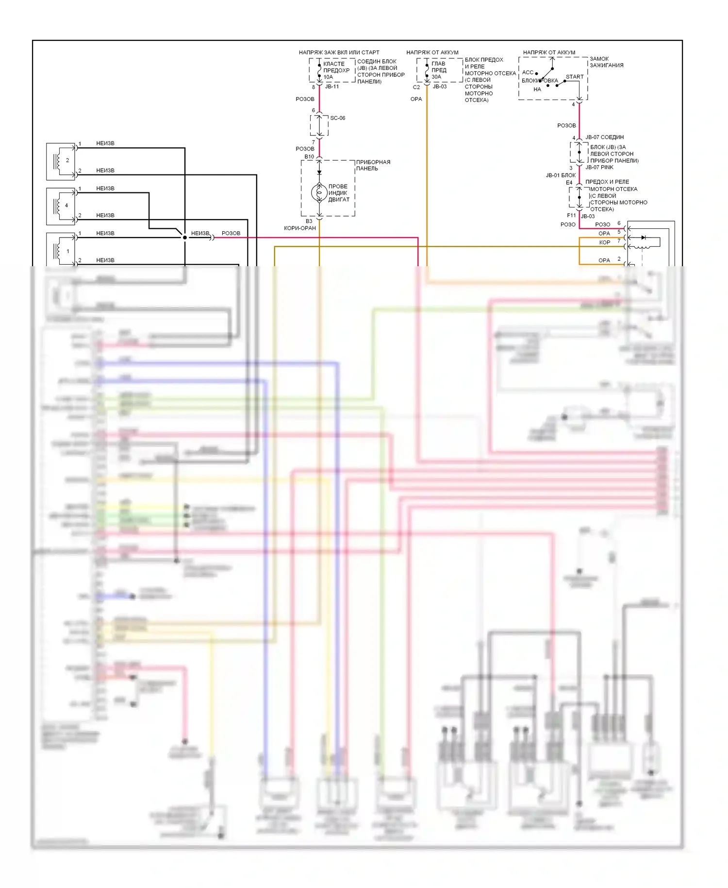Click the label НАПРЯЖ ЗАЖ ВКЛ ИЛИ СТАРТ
pyautogui.click(x=339, y=52)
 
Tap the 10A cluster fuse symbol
pyautogui.click(x=319, y=71)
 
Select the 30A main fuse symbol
pyautogui.click(x=427, y=70)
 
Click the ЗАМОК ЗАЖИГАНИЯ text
pyautogui.click(x=606, y=62)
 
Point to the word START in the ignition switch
pyautogui.click(x=575, y=77)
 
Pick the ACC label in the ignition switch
pyautogui.click(x=528, y=72)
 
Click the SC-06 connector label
pyautogui.click(x=338, y=118)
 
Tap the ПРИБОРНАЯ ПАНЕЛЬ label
pyautogui.click(x=373, y=165)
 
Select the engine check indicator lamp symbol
pyautogui.click(x=319, y=193)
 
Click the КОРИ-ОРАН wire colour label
pyautogui.click(x=300, y=228)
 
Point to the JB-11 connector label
pyautogui.click(x=332, y=86)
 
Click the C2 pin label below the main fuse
pyautogui.click(x=416, y=87)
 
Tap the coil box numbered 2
pyautogui.click(x=61, y=161)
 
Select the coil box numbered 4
pyautogui.click(x=61, y=206)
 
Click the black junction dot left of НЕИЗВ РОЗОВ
pyautogui.click(x=185, y=238)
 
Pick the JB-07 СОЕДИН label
pyautogui.click(x=604, y=137)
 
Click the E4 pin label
pyautogui.click(x=569, y=183)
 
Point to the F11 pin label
pyautogui.click(x=571, y=215)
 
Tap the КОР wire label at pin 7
pyautogui.click(x=604, y=242)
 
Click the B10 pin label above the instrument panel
pyautogui.click(x=309, y=157)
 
